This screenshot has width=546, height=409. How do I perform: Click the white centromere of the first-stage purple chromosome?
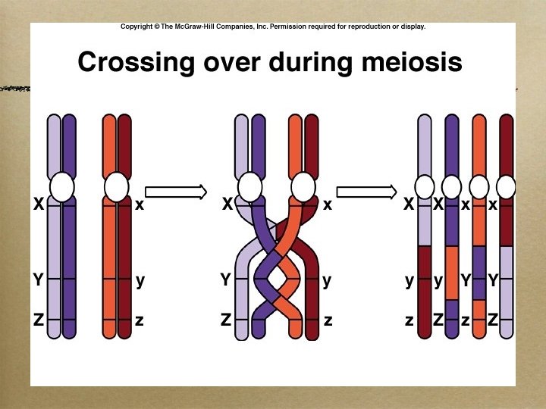pos(63,186)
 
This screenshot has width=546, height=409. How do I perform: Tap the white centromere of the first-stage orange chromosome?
pos(117,186)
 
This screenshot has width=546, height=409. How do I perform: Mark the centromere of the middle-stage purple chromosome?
pos(249,186)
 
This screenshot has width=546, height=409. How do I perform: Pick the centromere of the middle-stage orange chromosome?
pos(303,186)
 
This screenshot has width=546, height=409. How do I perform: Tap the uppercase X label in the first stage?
pos(38,204)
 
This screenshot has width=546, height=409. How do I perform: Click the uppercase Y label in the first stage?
pos(38,280)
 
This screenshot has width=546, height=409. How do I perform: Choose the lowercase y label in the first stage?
pos(140,280)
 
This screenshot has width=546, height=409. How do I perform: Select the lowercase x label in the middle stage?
pos(328,204)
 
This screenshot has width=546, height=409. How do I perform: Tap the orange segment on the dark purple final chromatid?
pos(452,273)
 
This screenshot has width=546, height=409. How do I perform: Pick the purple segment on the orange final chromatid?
pos(479,269)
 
